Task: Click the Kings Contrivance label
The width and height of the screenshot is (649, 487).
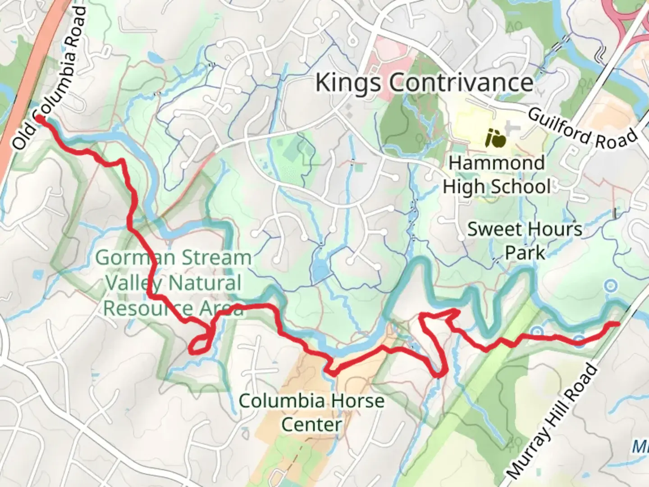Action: point(424,83)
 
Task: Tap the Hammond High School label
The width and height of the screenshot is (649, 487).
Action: point(496,175)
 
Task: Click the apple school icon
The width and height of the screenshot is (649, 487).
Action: point(495,138)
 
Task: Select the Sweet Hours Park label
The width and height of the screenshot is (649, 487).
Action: point(525,240)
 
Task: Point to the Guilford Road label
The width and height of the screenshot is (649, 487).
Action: point(582,129)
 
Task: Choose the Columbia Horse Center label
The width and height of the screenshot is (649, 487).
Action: point(311,412)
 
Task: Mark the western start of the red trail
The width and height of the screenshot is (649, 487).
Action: point(40,118)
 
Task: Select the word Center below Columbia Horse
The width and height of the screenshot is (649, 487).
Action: point(311,425)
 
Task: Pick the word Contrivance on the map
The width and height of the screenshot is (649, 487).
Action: point(461,83)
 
